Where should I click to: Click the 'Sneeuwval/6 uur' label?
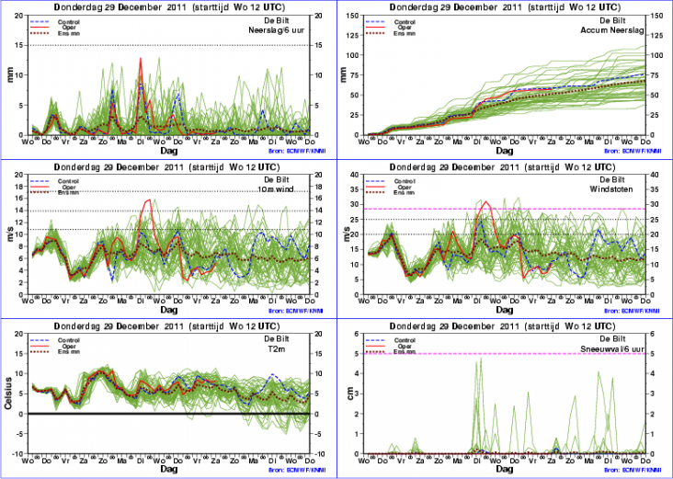coord(614,348)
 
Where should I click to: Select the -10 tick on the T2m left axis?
coord(20,454)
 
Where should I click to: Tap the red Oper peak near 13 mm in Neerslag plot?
coord(140,59)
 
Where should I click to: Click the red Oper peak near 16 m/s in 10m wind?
coord(148,200)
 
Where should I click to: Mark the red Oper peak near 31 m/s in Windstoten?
coord(485,201)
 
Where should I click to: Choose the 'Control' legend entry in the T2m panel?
coord(68,339)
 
